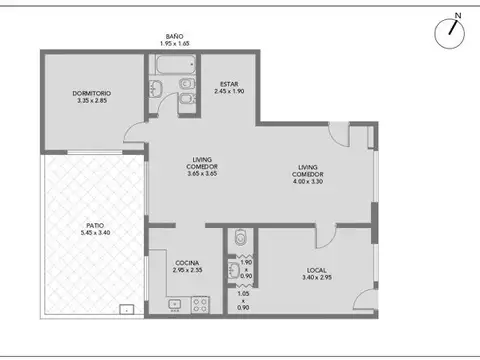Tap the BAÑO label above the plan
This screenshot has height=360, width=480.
[174, 37]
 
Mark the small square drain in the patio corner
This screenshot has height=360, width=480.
[127, 309]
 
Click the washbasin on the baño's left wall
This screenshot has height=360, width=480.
[155, 91]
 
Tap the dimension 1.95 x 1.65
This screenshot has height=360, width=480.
[174, 45]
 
